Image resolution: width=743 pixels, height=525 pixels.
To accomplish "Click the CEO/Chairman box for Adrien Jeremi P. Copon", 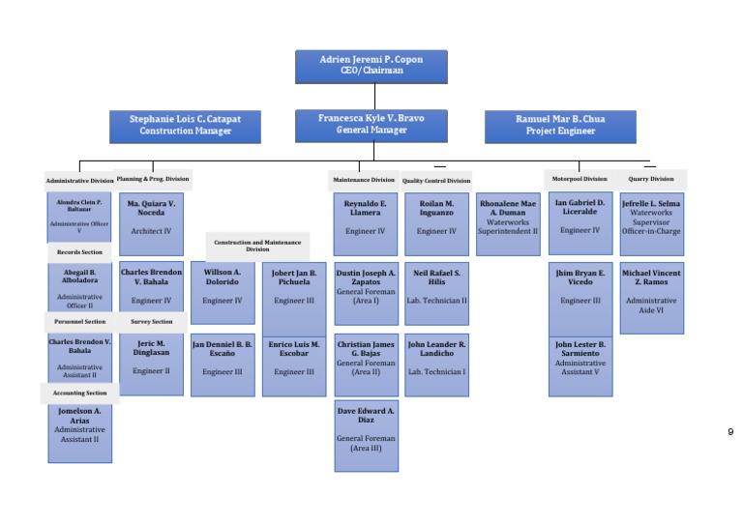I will (371, 66).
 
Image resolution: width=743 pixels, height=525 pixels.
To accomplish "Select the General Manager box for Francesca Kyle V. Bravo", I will (371, 125).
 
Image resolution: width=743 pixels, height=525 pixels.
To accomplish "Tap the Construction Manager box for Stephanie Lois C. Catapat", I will (185, 126).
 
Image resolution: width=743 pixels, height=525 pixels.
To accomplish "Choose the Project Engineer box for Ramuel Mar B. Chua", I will (560, 126).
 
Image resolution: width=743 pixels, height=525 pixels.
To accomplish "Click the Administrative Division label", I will (79, 181).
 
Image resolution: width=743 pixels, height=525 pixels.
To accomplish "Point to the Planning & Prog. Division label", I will (153, 179).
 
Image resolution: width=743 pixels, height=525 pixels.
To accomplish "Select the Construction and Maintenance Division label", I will (257, 246).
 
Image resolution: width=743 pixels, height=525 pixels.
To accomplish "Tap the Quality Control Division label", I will (436, 181).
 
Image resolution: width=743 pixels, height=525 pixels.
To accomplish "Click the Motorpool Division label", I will (580, 179).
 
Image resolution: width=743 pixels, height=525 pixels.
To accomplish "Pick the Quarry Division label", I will (651, 179).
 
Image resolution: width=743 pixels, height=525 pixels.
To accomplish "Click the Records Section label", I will (79, 252).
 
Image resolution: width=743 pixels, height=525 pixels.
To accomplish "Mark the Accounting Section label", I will (79, 394).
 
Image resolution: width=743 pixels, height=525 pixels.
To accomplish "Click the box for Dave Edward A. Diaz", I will (366, 436).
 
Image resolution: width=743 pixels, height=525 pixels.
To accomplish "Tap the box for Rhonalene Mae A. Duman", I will (508, 223).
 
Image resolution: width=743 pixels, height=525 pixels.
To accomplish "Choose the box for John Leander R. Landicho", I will (436, 365).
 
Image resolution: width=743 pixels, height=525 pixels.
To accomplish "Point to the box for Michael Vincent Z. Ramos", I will (651, 298).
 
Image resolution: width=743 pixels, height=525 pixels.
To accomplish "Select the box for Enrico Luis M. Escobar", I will (294, 365).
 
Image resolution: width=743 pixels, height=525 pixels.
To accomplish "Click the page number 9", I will (730, 432).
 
